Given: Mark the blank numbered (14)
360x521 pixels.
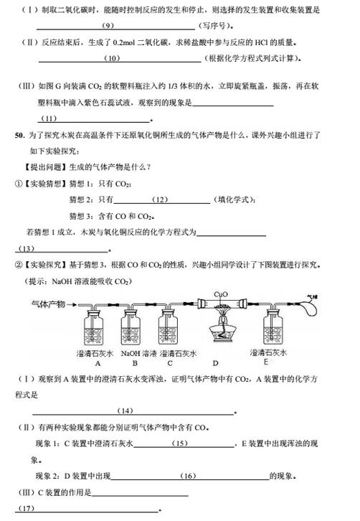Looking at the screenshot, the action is [x=125, y=410].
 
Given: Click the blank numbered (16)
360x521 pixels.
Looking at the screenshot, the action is [x=189, y=476].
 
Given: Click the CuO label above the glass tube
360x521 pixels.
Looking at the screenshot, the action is [x=224, y=294].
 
